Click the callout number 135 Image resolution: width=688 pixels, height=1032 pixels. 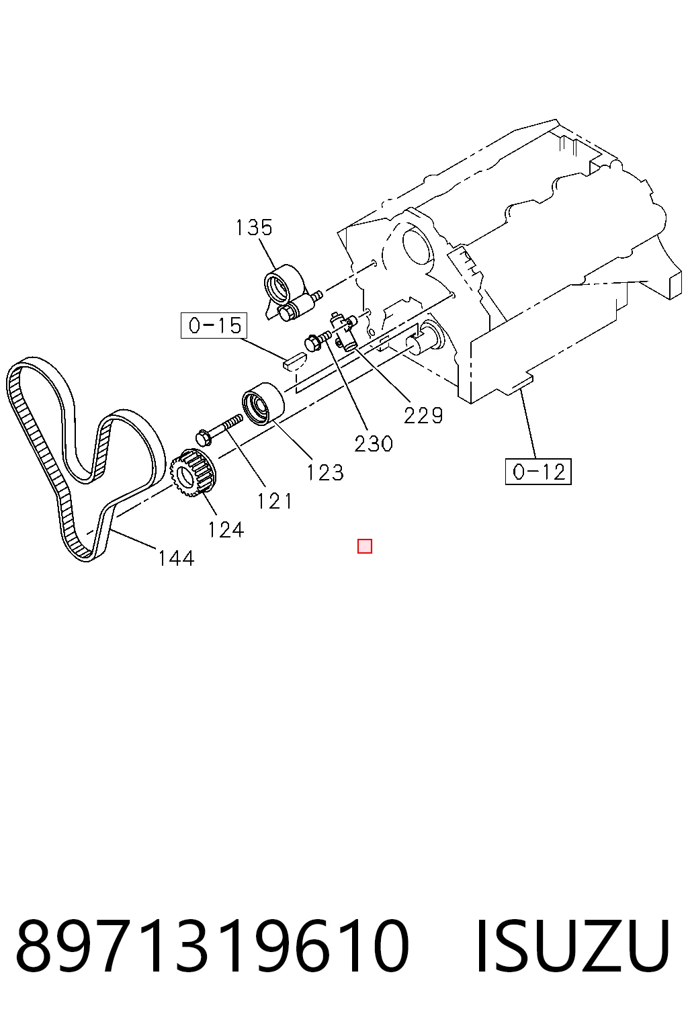(x=254, y=228)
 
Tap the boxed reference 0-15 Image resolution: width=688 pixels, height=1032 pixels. (x=214, y=326)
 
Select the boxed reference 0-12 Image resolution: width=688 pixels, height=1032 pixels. (x=538, y=471)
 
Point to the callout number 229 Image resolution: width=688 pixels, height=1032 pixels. (x=423, y=416)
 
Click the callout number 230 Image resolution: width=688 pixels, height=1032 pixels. (x=374, y=444)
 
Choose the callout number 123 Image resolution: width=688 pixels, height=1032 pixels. (x=325, y=473)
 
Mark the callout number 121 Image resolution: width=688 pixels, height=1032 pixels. (x=275, y=501)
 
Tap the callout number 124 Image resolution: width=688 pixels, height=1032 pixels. (x=225, y=530)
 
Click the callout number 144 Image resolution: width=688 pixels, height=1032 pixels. (x=176, y=558)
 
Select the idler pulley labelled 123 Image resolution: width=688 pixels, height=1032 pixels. (x=263, y=404)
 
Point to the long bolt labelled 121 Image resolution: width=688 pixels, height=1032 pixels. (x=219, y=429)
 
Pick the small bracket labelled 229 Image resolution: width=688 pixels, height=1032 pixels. (x=345, y=331)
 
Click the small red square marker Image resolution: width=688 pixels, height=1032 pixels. (x=365, y=546)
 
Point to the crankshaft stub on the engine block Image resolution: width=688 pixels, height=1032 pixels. (x=425, y=339)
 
